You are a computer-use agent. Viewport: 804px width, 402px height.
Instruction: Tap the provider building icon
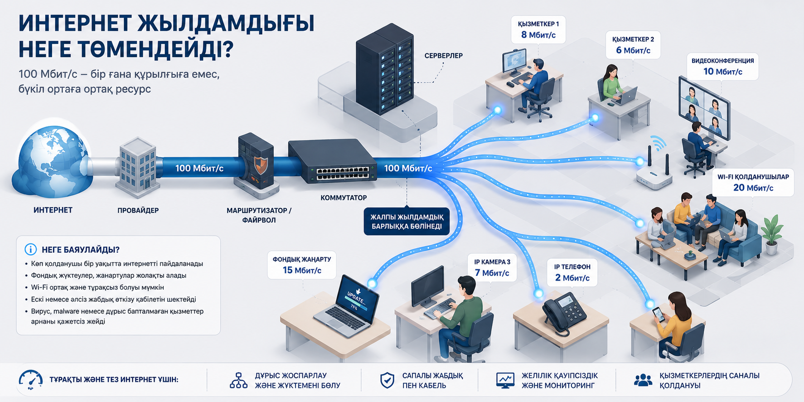[x=137, y=168]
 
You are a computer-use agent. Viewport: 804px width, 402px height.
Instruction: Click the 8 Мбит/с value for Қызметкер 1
[x=538, y=35]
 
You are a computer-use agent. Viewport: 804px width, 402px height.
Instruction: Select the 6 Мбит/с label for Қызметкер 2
[x=633, y=50]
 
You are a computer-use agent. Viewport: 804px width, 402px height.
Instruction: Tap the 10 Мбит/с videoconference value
[x=723, y=72]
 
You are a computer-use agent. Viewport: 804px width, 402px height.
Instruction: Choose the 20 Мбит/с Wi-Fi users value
[x=753, y=188]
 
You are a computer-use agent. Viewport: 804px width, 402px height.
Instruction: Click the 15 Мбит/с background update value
[x=302, y=270]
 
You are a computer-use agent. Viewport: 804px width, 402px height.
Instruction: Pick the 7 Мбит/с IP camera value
[x=492, y=273]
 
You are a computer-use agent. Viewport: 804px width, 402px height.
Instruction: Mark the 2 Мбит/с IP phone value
[x=572, y=278]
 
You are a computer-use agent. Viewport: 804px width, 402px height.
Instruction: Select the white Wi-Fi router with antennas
[x=654, y=170]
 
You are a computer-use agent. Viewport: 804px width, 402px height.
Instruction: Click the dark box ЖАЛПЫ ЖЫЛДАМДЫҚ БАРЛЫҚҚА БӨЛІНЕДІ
[x=407, y=222]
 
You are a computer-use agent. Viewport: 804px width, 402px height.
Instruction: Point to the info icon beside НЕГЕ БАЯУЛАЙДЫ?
[x=30, y=249]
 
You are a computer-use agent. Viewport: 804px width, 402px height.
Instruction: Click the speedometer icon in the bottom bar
[x=30, y=380]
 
